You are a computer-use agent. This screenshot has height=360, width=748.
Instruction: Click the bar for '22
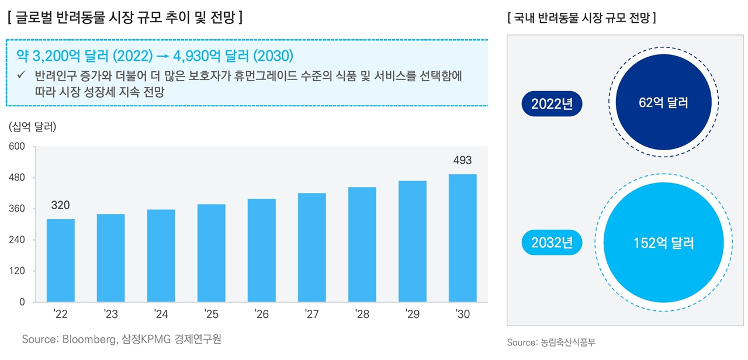(x=61, y=261)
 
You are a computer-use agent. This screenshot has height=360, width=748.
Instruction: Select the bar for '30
(x=462, y=238)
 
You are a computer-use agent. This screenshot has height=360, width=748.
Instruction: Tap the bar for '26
(x=261, y=250)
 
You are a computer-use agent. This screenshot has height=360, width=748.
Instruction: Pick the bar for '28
(x=362, y=244)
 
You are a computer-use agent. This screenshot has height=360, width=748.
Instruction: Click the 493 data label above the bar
(x=462, y=161)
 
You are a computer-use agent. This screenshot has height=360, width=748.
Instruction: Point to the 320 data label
(x=60, y=205)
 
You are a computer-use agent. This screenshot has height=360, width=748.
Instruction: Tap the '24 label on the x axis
(x=161, y=315)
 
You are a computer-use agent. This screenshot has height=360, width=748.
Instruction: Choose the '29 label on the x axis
(x=412, y=315)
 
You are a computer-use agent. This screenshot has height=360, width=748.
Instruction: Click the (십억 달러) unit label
(x=33, y=127)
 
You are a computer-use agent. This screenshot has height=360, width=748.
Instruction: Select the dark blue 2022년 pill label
(x=552, y=104)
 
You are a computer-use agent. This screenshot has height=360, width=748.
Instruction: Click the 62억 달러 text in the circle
(x=663, y=104)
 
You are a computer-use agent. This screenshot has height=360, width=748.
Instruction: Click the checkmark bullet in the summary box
(x=22, y=77)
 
